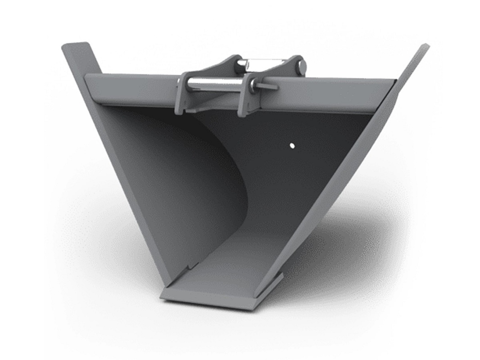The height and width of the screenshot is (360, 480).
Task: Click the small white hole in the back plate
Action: coord(291,145)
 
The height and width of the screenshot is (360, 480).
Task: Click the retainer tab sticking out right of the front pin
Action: coord(269,86)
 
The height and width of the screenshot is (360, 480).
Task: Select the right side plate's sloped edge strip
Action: coord(351,180)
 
